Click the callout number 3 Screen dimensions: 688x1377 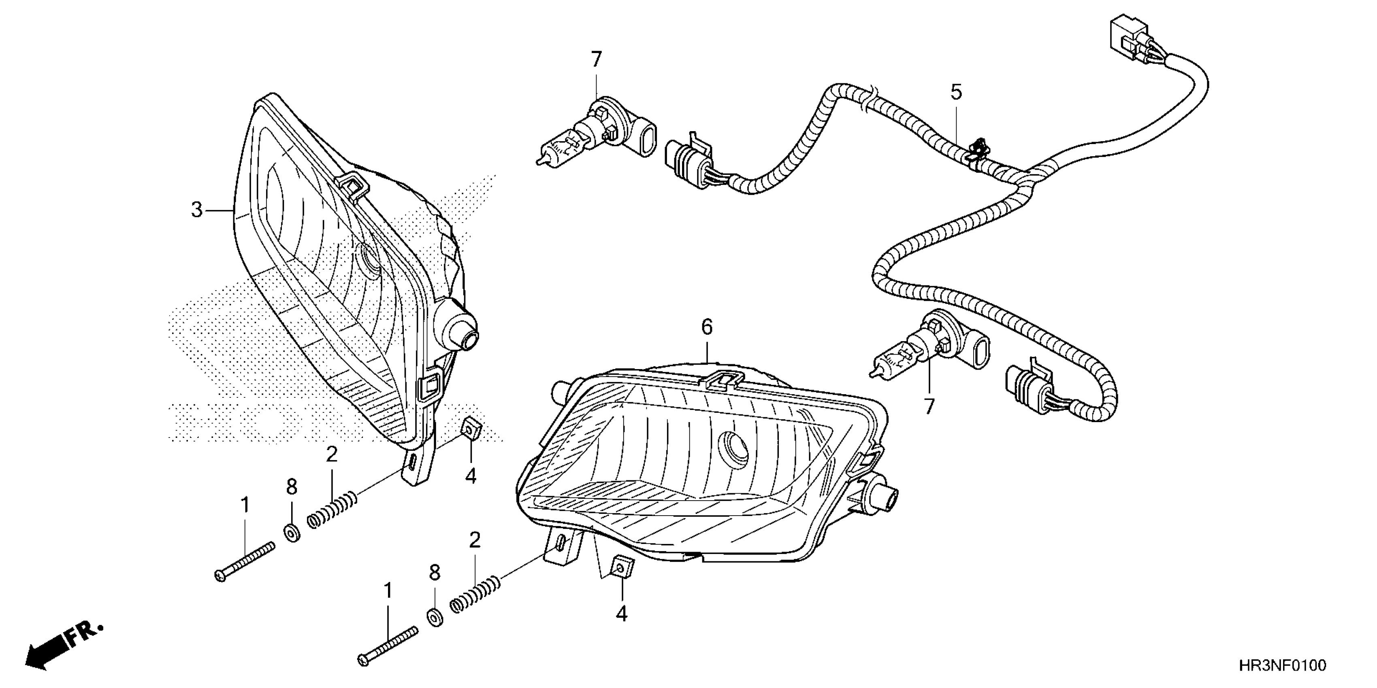pos(197,210)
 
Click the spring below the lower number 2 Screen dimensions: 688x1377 pos(475,596)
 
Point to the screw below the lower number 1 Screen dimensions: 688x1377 pos(389,646)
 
